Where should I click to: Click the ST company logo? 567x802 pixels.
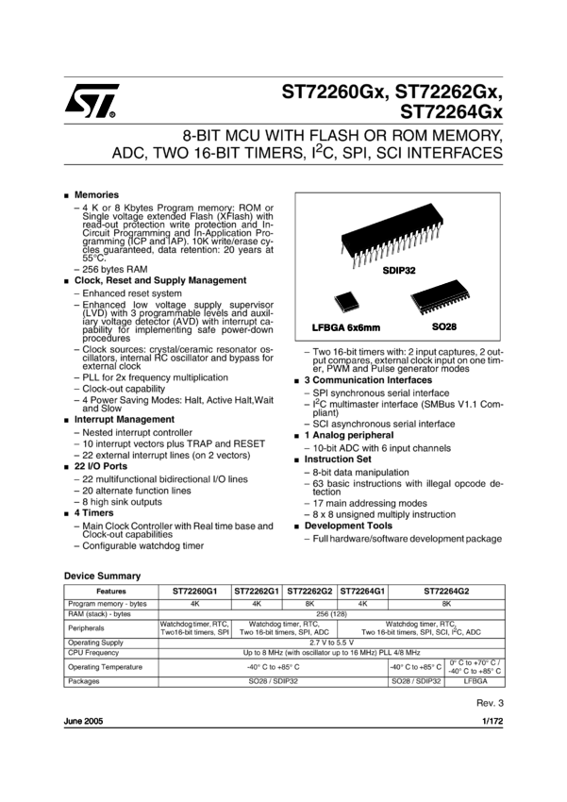96,100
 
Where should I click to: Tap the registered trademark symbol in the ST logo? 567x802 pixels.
113,115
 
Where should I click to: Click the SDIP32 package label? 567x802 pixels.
399,271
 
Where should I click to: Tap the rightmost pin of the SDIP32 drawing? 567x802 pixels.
442,227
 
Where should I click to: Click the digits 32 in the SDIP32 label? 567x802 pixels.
409,271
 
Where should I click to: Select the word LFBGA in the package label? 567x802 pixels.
328,328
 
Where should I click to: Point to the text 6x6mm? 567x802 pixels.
364,328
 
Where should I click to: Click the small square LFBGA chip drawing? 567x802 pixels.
346,301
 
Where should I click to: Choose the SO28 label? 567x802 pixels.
444,327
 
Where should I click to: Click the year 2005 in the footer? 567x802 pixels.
93,721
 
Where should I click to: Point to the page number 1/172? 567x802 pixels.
492,721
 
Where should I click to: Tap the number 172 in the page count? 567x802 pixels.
496,721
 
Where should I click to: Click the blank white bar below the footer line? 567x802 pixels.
283,742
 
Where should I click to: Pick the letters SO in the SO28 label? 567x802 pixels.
438,327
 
